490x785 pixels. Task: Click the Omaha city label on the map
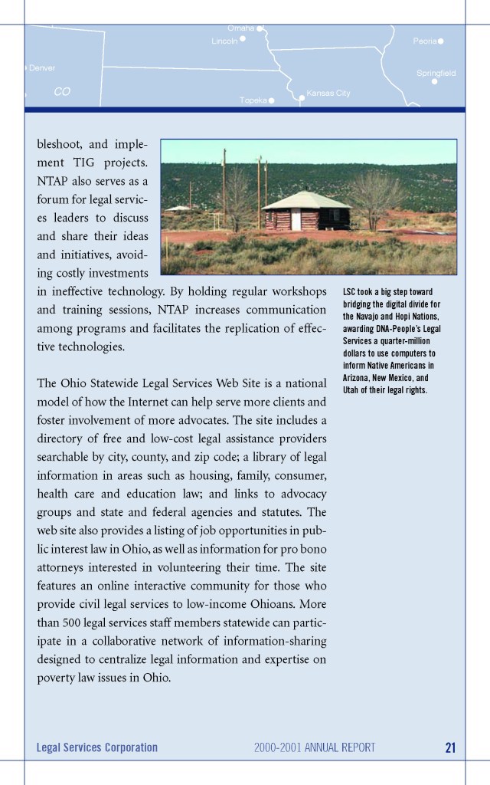point(240,28)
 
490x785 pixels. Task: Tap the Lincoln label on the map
point(224,41)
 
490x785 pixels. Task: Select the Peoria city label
point(424,41)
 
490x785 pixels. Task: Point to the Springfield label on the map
point(436,73)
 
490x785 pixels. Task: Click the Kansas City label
point(328,94)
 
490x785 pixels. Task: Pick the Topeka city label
point(253,100)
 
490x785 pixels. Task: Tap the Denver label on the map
point(42,68)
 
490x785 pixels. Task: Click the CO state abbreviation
point(62,91)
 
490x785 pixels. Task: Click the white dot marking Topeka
point(271,100)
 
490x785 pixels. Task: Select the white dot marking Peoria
point(441,41)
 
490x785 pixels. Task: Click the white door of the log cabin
point(296,221)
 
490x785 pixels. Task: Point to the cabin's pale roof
point(305,199)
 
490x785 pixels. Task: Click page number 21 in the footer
point(449,747)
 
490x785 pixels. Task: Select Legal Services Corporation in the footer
point(96,747)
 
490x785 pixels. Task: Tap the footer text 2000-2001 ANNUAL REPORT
point(315,747)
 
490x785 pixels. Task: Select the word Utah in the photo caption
point(353,390)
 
